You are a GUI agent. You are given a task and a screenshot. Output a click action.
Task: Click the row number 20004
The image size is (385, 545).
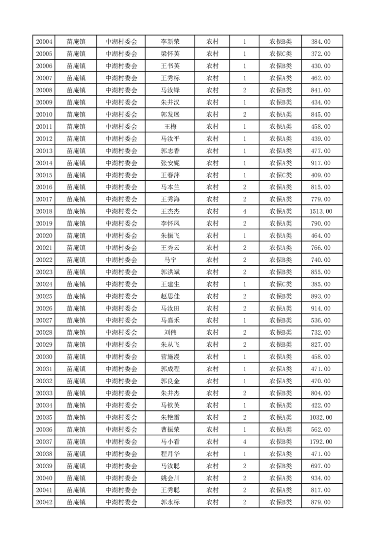coord(44,42)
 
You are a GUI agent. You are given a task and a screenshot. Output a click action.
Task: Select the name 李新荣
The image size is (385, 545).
coord(170,42)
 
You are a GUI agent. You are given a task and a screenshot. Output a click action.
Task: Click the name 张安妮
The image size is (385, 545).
coord(170,163)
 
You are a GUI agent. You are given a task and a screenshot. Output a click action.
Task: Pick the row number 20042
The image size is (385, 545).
coord(44,502)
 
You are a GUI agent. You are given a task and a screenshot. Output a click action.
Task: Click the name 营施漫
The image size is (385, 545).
coord(170,357)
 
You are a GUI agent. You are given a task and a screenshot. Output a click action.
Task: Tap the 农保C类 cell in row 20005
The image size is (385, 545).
coord(281,54)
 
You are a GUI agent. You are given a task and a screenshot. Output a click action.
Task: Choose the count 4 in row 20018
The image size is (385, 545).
coord(244,211)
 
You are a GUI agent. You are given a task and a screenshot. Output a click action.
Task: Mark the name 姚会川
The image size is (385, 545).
coord(170,478)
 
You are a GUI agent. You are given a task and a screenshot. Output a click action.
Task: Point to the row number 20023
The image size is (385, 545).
coord(44,272)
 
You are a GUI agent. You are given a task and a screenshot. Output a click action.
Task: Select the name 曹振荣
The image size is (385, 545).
coord(170,429)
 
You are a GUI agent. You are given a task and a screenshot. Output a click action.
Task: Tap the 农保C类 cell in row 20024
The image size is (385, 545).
coord(281,284)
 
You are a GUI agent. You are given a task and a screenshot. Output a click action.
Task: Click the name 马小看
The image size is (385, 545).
coord(170,442)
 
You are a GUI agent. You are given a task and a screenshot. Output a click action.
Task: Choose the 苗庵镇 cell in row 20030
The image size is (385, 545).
coord(76,357)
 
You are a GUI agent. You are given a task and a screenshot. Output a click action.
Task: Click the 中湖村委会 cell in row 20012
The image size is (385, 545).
coord(121,138)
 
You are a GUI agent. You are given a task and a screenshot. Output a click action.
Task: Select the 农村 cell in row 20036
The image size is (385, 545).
coord(212,429)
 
